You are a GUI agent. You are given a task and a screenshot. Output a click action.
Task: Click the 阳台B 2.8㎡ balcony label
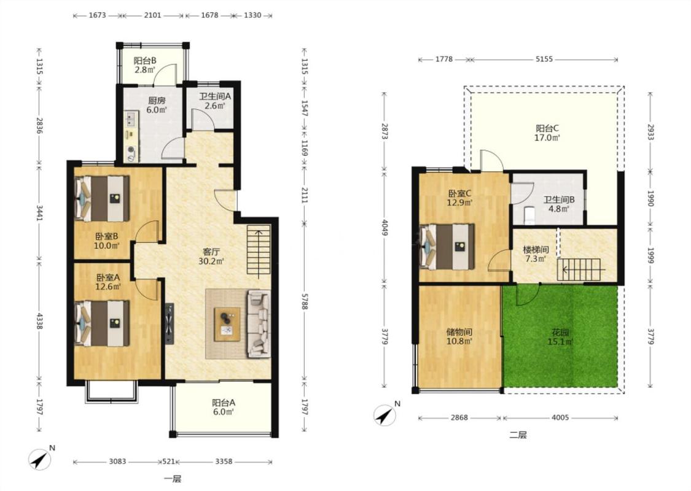(x=144, y=64)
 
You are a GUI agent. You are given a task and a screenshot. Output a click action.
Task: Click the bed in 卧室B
(x=102, y=199)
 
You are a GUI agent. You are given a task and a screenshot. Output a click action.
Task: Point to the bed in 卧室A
(x=102, y=323)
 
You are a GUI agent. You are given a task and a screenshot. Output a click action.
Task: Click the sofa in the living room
(x=259, y=323)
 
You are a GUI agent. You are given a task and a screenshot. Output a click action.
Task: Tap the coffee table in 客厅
(x=227, y=324)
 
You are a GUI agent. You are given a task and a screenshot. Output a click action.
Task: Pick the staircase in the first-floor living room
(x=259, y=252)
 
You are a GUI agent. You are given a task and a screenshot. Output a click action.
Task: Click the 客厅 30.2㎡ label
(x=211, y=257)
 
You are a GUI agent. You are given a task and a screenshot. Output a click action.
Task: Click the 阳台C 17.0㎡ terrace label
(x=547, y=133)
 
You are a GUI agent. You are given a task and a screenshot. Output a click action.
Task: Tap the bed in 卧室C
(x=447, y=247)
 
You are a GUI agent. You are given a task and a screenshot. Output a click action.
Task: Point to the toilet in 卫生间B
(x=529, y=214)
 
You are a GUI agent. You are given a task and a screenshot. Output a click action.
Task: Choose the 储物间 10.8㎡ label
(x=459, y=336)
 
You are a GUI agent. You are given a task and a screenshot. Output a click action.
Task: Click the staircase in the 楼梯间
(x=579, y=269)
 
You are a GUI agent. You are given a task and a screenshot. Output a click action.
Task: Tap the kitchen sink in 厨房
(x=130, y=118)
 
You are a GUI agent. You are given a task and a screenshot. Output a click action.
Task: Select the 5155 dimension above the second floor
(x=544, y=59)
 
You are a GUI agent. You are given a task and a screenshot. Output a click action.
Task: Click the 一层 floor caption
(x=173, y=479)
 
